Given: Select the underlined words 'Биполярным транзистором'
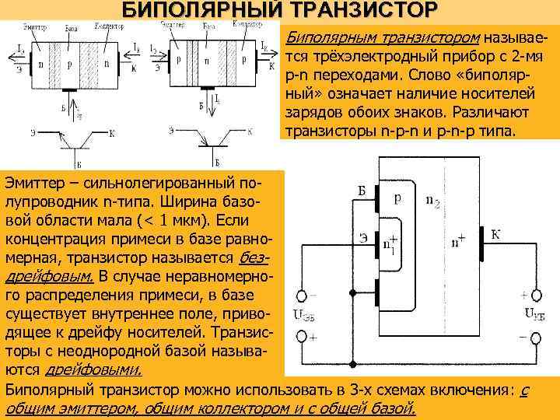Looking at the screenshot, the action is (383, 37).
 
